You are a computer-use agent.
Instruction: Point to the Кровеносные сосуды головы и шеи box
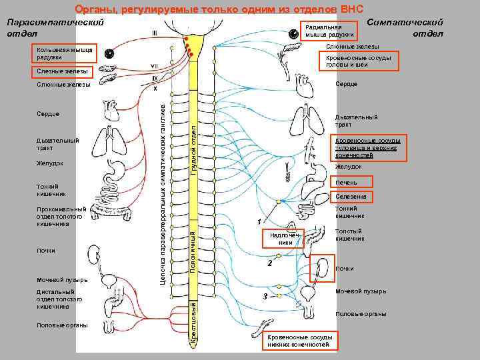[x=358, y=61]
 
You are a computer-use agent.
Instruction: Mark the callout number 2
[x=269, y=264]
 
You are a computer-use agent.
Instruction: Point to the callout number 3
[x=265, y=295]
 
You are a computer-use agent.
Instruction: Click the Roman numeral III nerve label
[x=155, y=33]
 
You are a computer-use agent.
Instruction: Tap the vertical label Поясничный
[x=193, y=250]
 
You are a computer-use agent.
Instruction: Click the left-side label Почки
[x=47, y=251]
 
